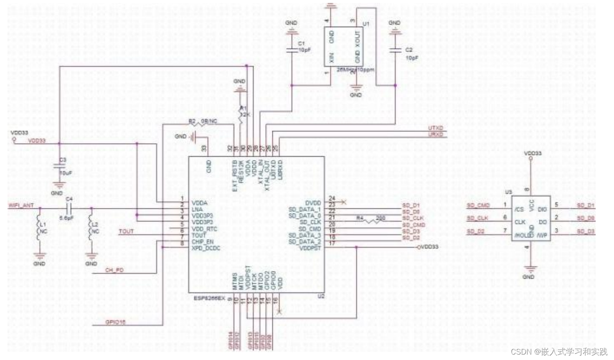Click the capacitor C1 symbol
(291, 50)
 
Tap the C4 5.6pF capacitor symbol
(69, 208)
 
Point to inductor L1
(39, 228)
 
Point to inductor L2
(91, 228)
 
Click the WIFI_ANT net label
(21, 205)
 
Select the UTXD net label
(435, 128)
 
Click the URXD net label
(435, 134)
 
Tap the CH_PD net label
(114, 270)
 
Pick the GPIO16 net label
(115, 322)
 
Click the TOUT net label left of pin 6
(126, 231)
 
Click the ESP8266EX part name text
(209, 298)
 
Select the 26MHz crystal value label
(355, 70)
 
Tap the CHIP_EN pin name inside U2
(203, 242)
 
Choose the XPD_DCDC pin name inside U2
(206, 248)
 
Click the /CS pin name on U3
(519, 209)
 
